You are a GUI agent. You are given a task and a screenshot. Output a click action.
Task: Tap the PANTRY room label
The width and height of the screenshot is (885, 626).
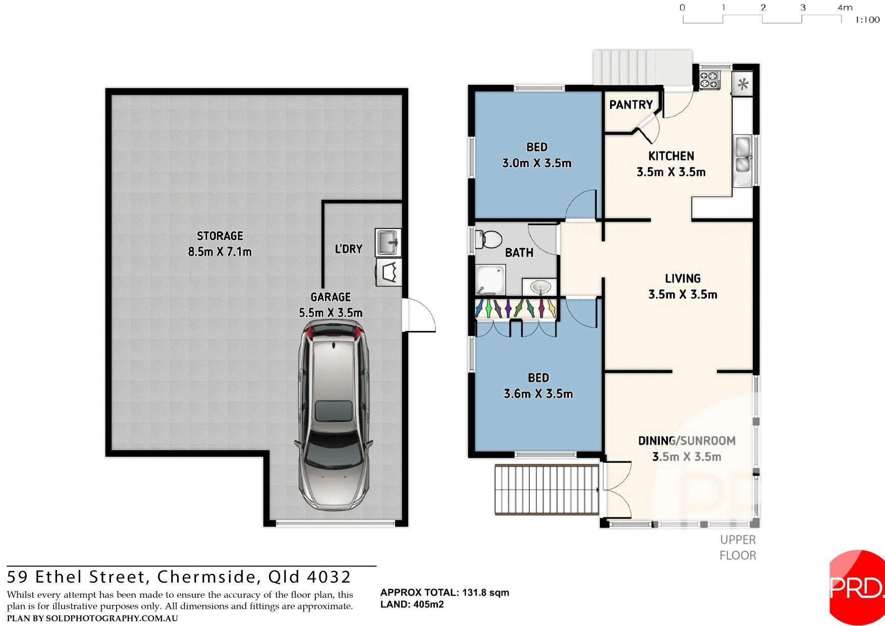[631, 105]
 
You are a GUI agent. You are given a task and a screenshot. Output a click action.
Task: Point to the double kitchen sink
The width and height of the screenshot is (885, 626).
[742, 155]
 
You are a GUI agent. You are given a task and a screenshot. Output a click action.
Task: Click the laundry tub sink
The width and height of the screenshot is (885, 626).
[388, 242]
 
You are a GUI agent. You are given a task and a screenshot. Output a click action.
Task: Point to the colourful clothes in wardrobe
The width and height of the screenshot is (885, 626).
[516, 308]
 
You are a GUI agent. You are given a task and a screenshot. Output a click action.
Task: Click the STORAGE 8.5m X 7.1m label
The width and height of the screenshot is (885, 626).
[219, 243]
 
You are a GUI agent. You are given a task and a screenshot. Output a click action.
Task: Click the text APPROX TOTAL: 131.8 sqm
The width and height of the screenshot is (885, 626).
[445, 593]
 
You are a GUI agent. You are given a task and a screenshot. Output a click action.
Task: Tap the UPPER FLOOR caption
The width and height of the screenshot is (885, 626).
[737, 548]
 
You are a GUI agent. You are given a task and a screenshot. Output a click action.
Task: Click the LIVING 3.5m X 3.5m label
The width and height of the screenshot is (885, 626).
[682, 286]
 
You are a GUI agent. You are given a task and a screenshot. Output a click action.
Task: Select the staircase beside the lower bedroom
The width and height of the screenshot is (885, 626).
[546, 489]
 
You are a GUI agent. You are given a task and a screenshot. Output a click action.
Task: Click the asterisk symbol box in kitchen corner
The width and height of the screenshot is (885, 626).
[743, 84]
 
